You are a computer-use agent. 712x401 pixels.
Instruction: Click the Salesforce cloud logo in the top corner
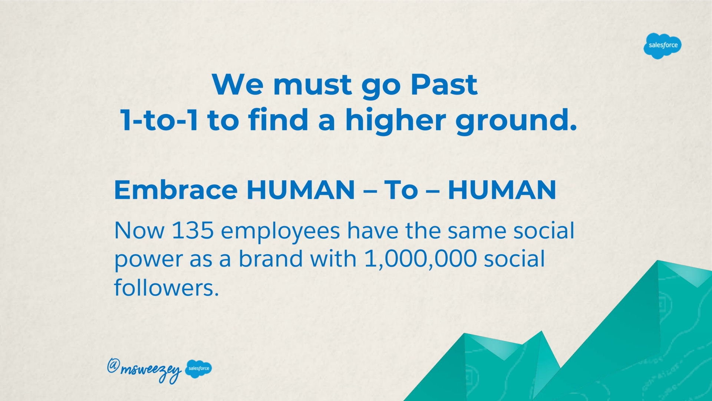(663, 46)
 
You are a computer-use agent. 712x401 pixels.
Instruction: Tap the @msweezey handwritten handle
(144, 369)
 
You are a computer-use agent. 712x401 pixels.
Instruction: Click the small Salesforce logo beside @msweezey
(198, 369)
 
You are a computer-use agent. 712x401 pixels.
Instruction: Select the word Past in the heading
(444, 84)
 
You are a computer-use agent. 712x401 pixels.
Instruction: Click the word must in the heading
(312, 85)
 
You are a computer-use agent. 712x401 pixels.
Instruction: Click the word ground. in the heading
(516, 120)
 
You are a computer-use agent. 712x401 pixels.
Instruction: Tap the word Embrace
(176, 190)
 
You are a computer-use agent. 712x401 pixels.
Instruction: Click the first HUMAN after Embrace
(301, 190)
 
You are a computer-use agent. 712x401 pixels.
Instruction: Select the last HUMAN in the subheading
(502, 190)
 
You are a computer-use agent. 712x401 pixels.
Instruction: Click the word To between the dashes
(401, 190)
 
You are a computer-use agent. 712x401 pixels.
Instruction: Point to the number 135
(193, 231)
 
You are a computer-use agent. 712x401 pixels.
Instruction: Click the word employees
(280, 232)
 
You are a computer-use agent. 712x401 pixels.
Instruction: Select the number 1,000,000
(421, 259)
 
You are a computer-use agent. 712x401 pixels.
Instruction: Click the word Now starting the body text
(139, 231)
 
